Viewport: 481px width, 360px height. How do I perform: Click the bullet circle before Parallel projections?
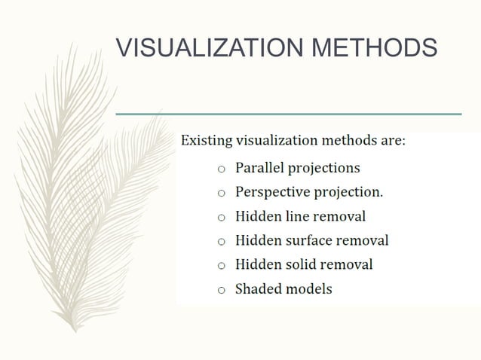pyautogui.click(x=221, y=169)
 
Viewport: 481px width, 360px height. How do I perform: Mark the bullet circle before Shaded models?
pyautogui.click(x=221, y=290)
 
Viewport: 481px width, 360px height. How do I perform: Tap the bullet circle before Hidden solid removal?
pyautogui.click(x=221, y=266)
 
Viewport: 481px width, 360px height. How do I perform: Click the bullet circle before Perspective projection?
pyautogui.click(x=221, y=194)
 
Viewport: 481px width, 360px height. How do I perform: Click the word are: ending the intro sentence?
pyautogui.click(x=393, y=140)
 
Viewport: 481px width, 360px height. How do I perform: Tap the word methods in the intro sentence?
pyautogui.click(x=351, y=140)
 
